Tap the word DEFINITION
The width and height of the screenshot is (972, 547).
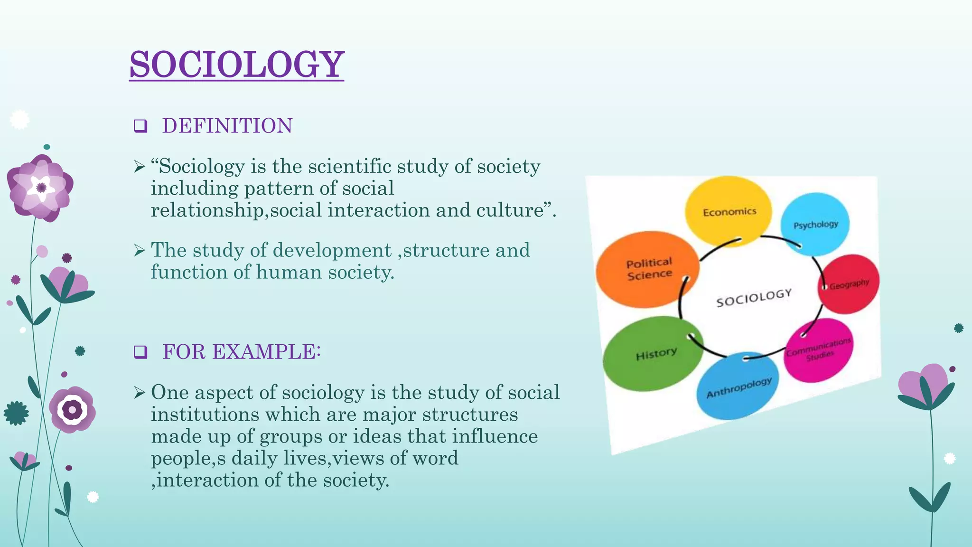point(227,126)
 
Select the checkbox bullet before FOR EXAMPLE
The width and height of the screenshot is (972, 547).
point(140,352)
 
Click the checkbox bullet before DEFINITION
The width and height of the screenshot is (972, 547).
point(140,126)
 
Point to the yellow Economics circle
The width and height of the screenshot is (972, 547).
point(728,211)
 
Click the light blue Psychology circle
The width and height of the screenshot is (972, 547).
point(815,224)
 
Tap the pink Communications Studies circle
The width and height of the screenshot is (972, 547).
point(818,349)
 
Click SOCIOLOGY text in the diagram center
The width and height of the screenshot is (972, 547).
point(754,298)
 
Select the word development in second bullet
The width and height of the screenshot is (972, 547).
point(332,250)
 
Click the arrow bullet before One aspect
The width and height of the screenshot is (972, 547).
point(139,393)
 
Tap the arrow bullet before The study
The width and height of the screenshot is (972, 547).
point(139,250)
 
